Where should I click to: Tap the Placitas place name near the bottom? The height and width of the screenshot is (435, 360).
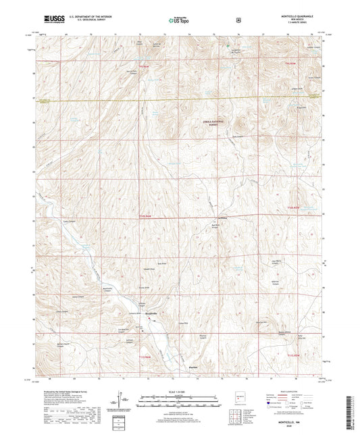(x=191, y=367)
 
